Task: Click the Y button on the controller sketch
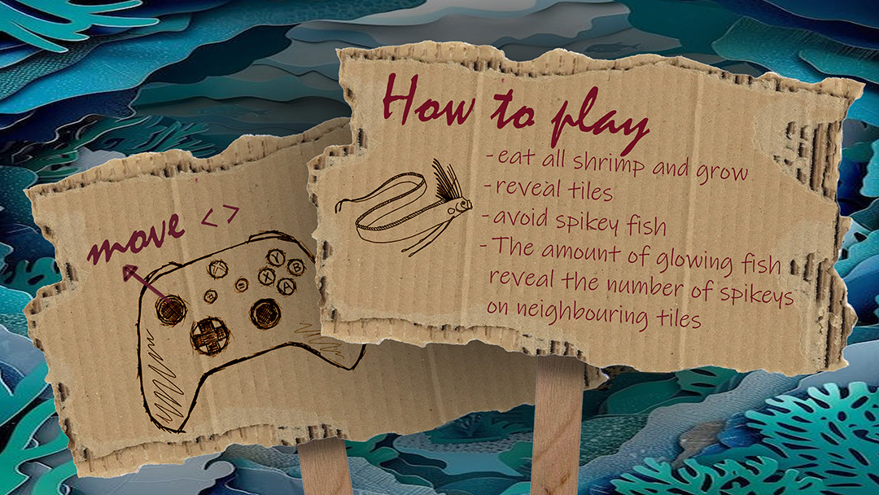[x=275, y=257]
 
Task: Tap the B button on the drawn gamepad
[x=295, y=267]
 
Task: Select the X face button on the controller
[x=266, y=276]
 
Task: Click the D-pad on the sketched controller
[x=210, y=335]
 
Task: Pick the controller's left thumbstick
[x=170, y=309]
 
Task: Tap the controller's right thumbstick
[x=265, y=313]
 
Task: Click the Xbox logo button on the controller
[x=217, y=269]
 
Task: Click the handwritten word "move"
[x=136, y=239]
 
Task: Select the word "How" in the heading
[x=430, y=102]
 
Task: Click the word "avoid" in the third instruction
[x=520, y=217]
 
